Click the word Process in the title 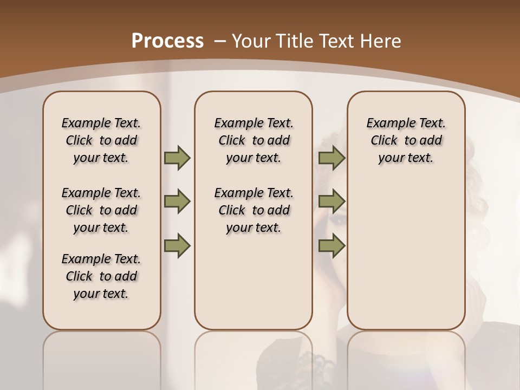(x=168, y=41)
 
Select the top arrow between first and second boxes (x=177, y=158)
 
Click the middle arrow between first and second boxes (x=177, y=201)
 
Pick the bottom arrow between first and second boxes (x=177, y=245)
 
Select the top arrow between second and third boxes (x=331, y=158)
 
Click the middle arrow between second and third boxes (x=331, y=201)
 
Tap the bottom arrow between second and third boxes (x=331, y=245)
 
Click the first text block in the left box (x=101, y=140)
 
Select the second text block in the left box (x=101, y=210)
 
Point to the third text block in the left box (x=101, y=276)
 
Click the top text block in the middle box (x=253, y=140)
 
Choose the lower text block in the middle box (x=253, y=210)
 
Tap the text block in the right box (x=406, y=140)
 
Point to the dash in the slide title (x=219, y=41)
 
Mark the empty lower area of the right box (x=406, y=249)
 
